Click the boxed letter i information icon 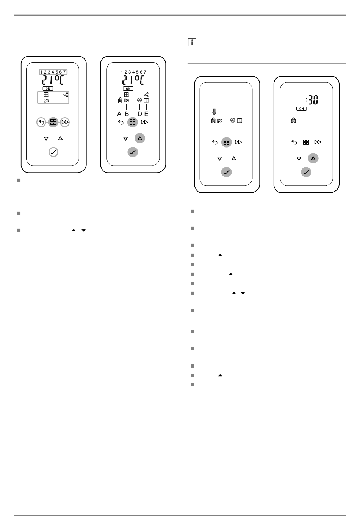click(192, 42)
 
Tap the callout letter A click(119, 114)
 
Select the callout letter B click(127, 114)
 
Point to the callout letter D click(140, 114)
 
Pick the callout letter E click(146, 114)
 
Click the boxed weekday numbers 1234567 click(53, 72)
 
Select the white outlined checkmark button click(53, 152)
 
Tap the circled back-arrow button click(41, 122)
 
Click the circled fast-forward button click(65, 122)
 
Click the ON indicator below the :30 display click(302, 109)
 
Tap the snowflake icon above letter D click(139, 101)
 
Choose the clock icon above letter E click(146, 101)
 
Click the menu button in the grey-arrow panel click(226, 142)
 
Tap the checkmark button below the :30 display click(306, 172)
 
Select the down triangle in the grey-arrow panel click(219, 159)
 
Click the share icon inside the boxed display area click(66, 94)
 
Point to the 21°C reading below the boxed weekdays click(53, 80)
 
